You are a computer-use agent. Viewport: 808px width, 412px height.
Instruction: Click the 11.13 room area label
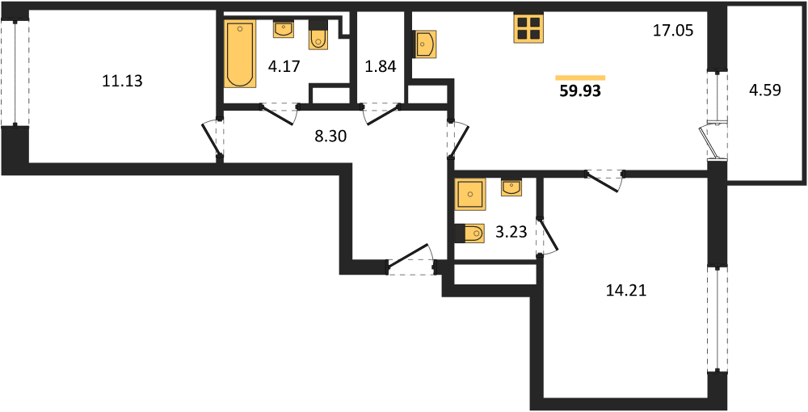pyautogui.click(x=123, y=82)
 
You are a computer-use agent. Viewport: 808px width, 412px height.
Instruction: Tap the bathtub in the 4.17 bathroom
pyautogui.click(x=240, y=53)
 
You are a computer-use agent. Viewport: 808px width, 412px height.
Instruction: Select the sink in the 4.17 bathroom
pyautogui.click(x=284, y=29)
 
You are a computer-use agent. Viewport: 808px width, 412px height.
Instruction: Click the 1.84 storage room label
pyautogui.click(x=381, y=67)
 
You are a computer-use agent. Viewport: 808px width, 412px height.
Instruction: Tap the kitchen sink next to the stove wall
pyautogui.click(x=425, y=44)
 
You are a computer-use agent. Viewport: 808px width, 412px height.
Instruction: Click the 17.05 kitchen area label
pyautogui.click(x=674, y=31)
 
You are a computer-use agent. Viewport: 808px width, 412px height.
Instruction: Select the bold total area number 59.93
pyautogui.click(x=580, y=91)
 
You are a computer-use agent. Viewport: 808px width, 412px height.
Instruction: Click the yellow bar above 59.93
pyautogui.click(x=580, y=78)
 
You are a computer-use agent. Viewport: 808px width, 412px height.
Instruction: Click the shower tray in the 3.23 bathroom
pyautogui.click(x=470, y=194)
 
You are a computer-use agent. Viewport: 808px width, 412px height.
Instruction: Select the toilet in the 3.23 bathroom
pyautogui.click(x=470, y=233)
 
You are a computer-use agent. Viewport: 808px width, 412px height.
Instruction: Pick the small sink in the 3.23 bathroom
pyautogui.click(x=511, y=188)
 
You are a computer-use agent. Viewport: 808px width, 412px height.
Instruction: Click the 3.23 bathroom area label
pyautogui.click(x=511, y=233)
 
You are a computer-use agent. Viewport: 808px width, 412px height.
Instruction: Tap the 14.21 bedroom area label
pyautogui.click(x=626, y=292)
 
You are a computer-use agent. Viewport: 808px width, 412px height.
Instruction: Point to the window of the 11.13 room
pyautogui.click(x=15, y=73)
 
